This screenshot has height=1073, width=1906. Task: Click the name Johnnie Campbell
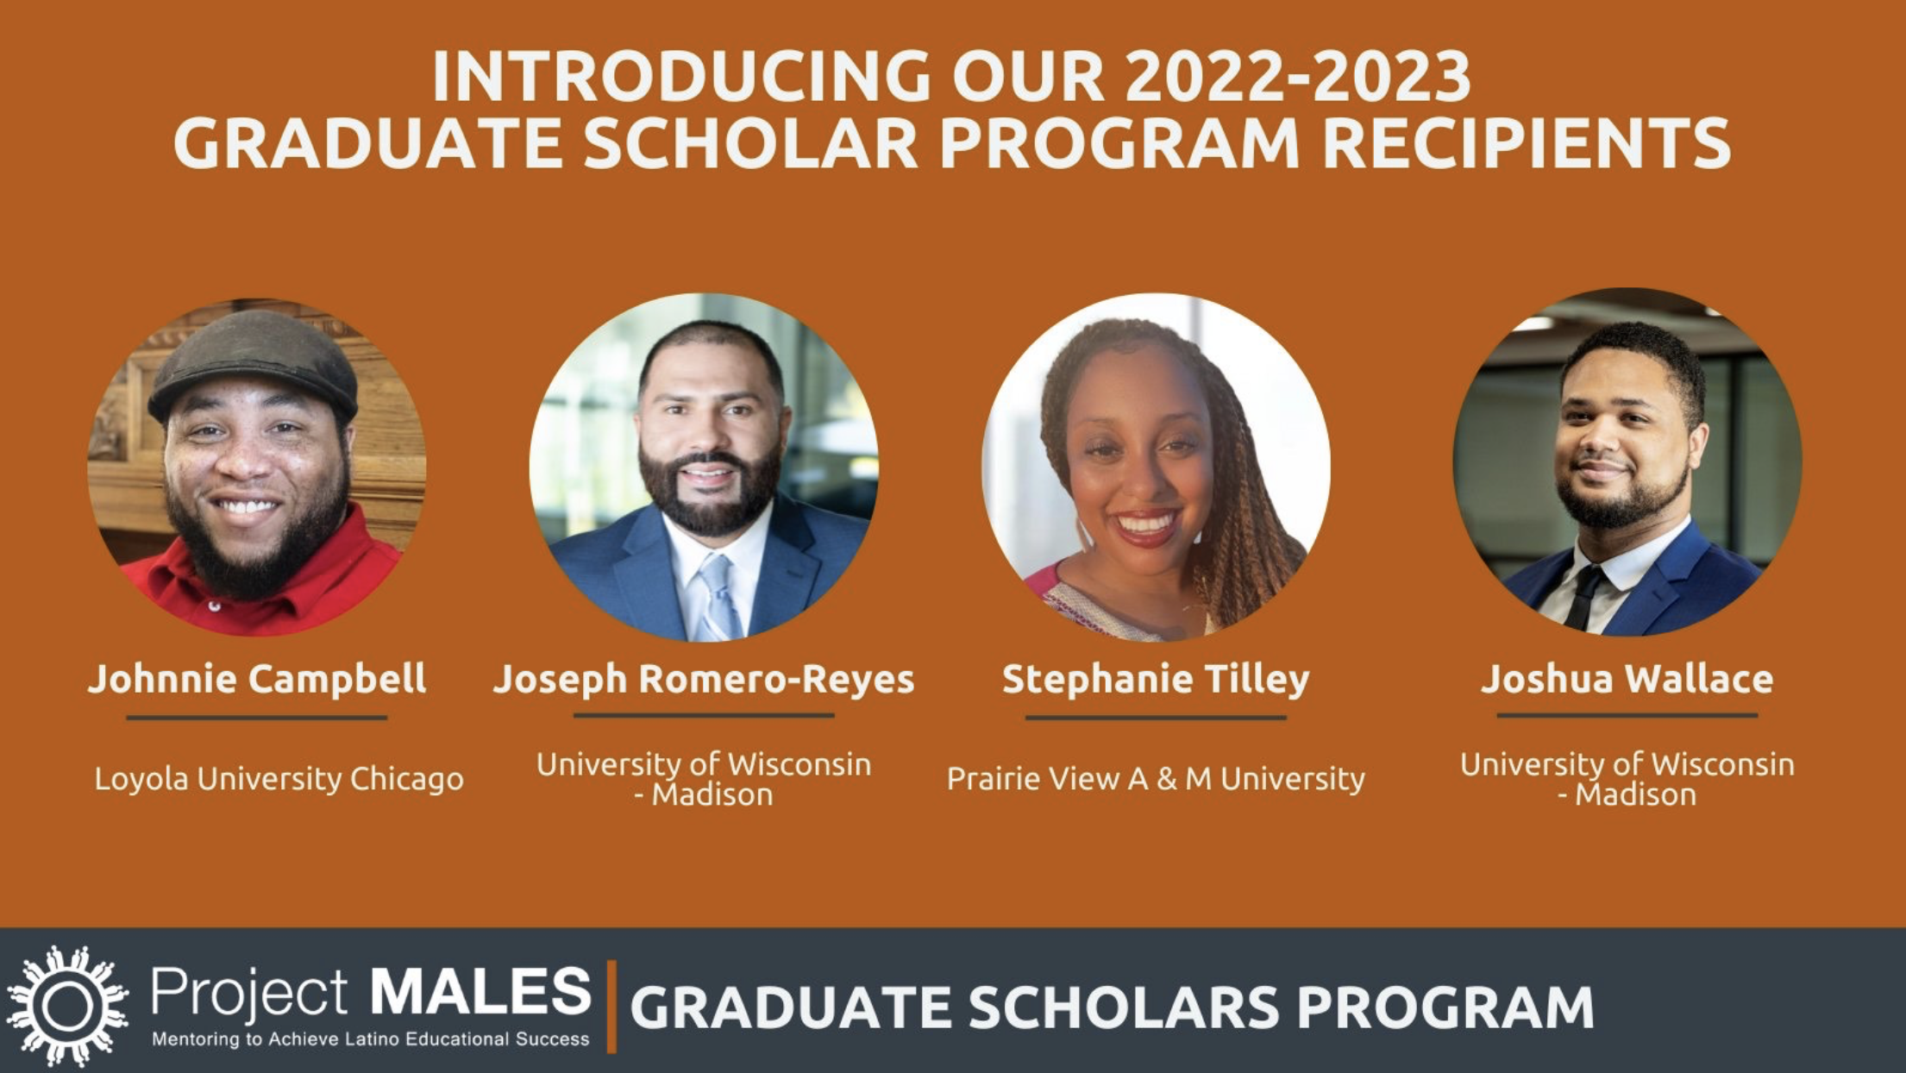pyautogui.click(x=257, y=679)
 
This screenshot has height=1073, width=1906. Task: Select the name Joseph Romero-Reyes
pyautogui.click(x=704, y=680)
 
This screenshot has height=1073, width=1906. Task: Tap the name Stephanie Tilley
pyautogui.click(x=1156, y=680)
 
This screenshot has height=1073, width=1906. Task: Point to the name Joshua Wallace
pyautogui.click(x=1627, y=679)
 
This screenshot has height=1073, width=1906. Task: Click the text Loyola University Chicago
pyautogui.click(x=279, y=779)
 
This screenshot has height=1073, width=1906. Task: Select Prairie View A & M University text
pyautogui.click(x=1156, y=779)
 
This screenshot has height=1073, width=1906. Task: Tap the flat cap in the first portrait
pyautogui.click(x=254, y=362)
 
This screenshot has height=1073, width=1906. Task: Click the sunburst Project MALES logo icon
pyautogui.click(x=67, y=1006)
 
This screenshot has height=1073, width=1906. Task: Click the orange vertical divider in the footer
pyautogui.click(x=611, y=1007)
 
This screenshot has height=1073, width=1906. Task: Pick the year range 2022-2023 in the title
pyautogui.click(x=1298, y=77)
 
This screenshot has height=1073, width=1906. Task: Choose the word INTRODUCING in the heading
pyautogui.click(x=681, y=77)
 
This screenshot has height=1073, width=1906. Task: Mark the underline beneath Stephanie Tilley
pyautogui.click(x=1156, y=717)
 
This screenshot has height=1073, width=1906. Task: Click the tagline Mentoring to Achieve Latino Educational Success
pyautogui.click(x=371, y=1039)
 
